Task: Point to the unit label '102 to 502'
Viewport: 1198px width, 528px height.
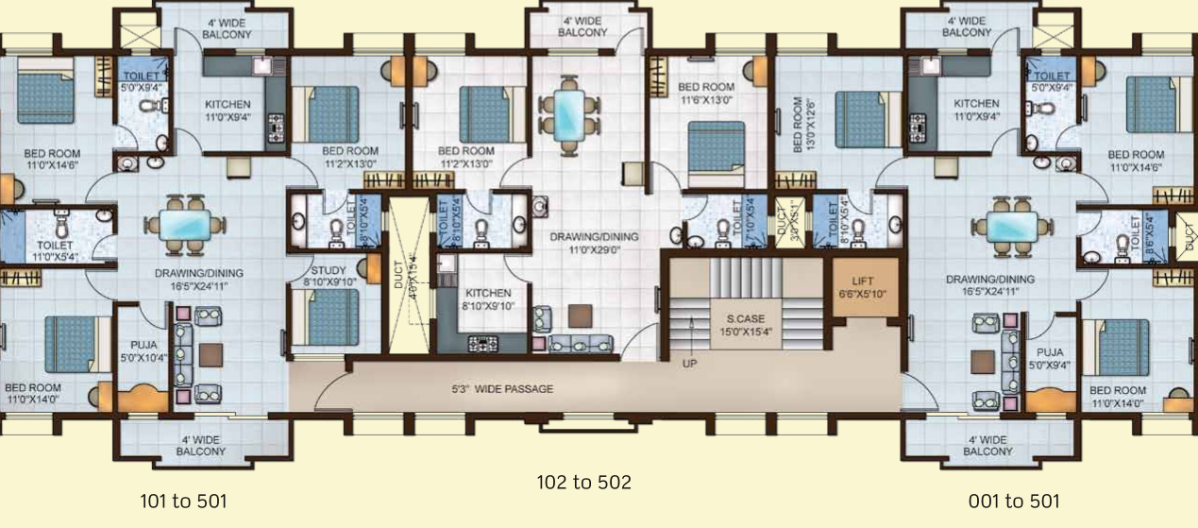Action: tap(583, 483)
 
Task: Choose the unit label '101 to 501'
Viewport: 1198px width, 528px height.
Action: tap(183, 501)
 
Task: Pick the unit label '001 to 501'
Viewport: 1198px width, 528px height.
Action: tap(1014, 501)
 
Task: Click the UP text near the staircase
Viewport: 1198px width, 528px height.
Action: tap(690, 362)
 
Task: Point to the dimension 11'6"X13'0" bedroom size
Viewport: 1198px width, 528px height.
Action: tap(706, 99)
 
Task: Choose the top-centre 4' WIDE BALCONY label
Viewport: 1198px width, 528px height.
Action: tap(582, 26)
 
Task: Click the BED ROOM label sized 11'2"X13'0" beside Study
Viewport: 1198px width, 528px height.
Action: tap(350, 150)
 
